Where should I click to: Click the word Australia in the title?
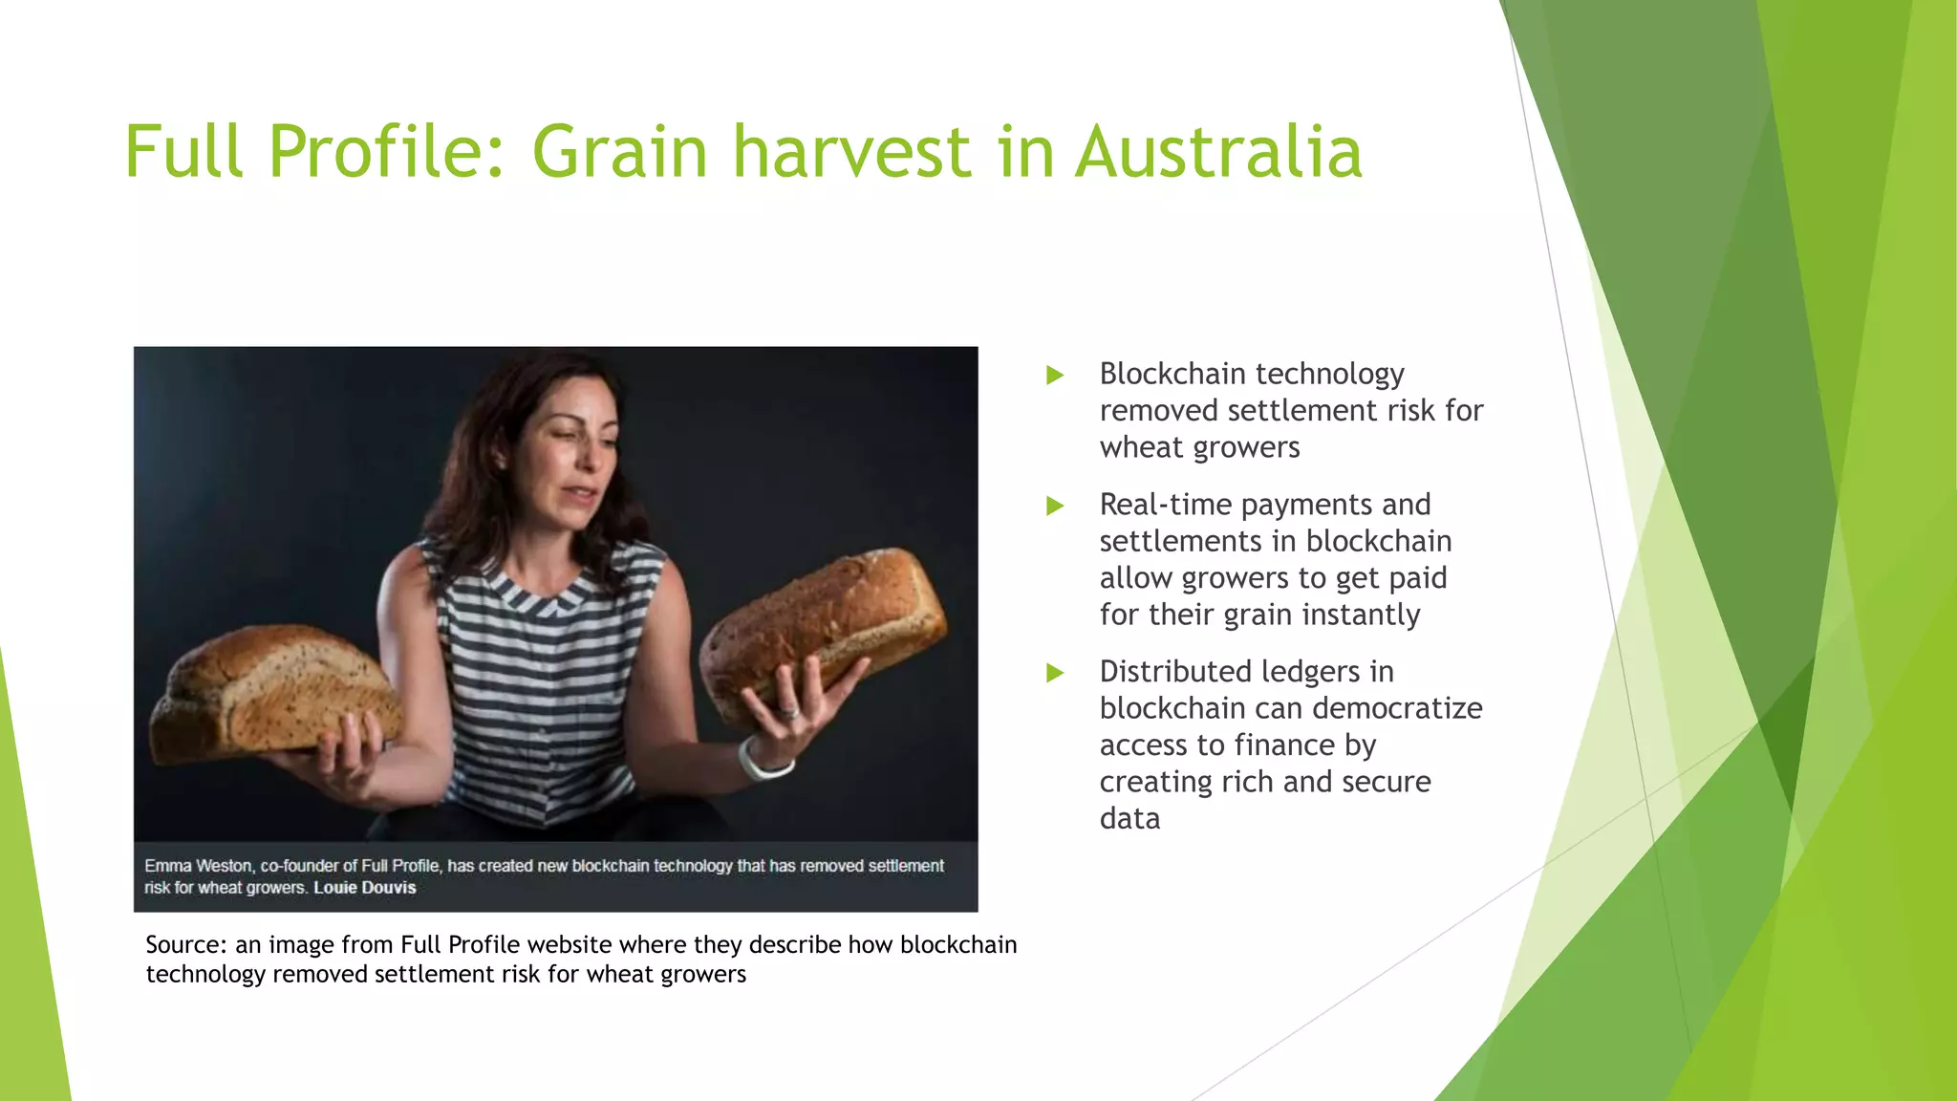coord(1218,152)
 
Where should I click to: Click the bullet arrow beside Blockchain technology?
coord(1055,375)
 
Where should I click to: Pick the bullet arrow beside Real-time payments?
coord(1055,506)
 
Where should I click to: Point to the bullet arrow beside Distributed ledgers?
coord(1055,673)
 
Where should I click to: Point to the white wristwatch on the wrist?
coord(764,760)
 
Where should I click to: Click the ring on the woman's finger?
coord(789,711)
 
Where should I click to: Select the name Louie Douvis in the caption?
coord(365,888)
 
